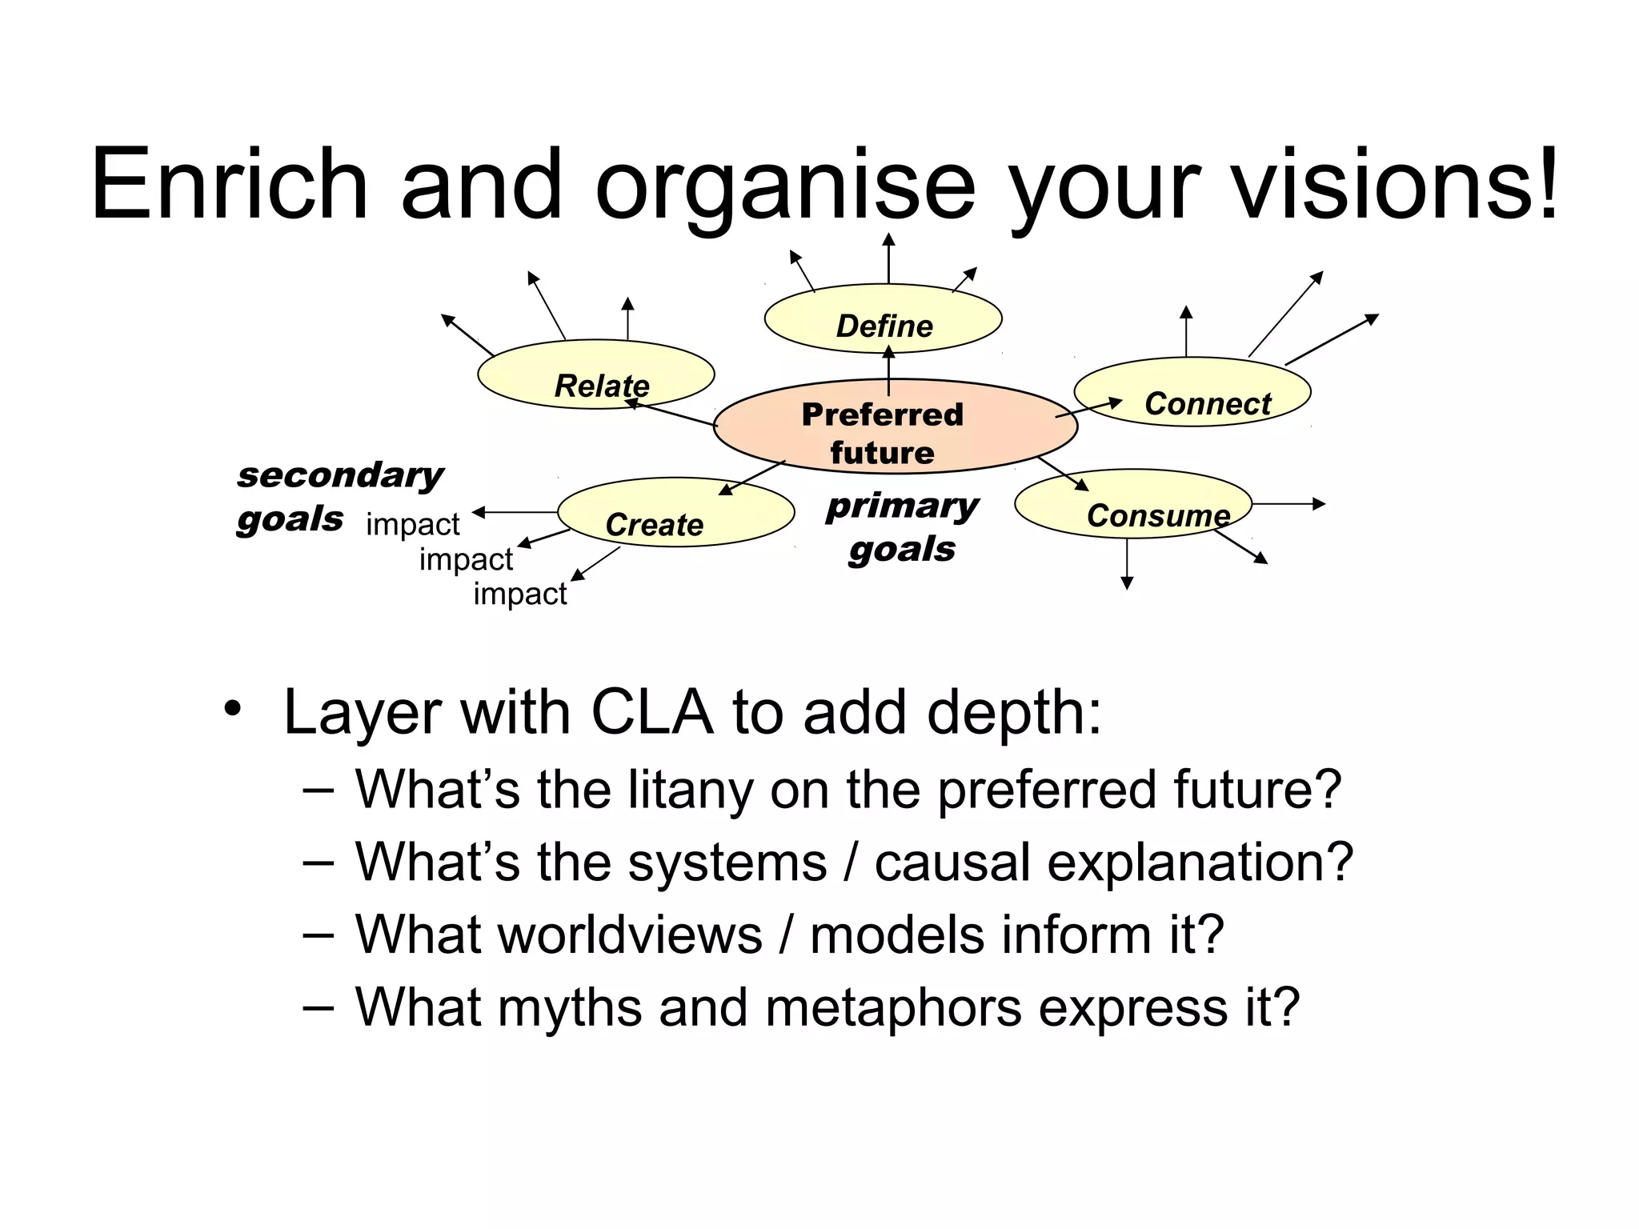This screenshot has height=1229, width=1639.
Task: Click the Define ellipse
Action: (x=883, y=318)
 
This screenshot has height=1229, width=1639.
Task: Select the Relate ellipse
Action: (x=595, y=374)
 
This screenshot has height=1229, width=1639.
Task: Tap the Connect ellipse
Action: (x=1192, y=391)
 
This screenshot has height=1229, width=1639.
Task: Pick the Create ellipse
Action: (x=675, y=512)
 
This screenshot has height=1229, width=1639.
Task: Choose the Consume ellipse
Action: (x=1132, y=503)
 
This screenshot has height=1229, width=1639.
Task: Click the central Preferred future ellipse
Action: (x=895, y=426)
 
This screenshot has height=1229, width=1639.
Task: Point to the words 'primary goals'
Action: (x=902, y=527)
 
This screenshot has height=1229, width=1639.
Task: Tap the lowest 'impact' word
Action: (x=519, y=594)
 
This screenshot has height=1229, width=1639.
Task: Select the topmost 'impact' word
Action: (x=412, y=524)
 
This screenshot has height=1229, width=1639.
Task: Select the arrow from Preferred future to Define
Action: (x=888, y=370)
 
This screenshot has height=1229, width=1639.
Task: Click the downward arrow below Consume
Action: (x=1127, y=563)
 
